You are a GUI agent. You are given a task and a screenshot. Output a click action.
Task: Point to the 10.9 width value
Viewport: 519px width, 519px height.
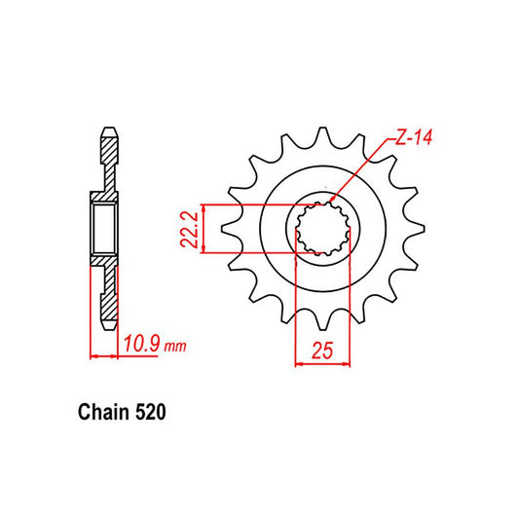(x=141, y=344)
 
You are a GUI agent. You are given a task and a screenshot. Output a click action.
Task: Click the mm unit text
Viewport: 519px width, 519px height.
(x=174, y=346)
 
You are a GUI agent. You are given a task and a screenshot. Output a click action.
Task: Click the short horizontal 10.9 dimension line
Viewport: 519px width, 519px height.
(x=105, y=355)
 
